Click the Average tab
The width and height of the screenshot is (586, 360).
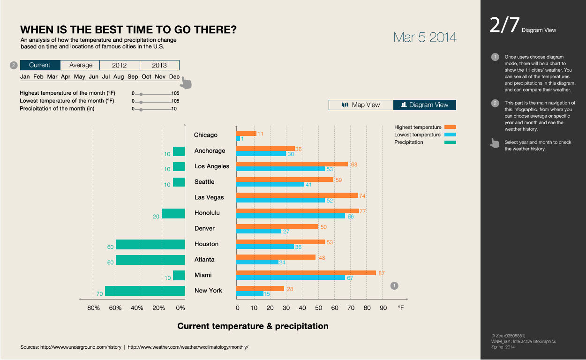(81, 65)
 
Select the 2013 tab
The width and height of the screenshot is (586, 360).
(159, 65)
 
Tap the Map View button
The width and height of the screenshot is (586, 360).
(361, 105)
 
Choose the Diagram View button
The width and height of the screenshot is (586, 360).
(424, 105)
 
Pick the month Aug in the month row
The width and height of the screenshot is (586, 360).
(119, 76)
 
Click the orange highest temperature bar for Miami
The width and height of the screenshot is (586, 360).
(306, 272)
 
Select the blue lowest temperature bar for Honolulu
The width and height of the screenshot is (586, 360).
(291, 216)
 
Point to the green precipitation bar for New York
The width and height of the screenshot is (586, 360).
(145, 291)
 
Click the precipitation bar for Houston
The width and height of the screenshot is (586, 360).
(150, 244)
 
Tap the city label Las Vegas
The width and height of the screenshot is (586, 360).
(209, 197)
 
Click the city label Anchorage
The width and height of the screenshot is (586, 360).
(210, 151)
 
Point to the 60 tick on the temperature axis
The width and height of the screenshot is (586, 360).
(335, 308)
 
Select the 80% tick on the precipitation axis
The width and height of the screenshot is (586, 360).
(93, 308)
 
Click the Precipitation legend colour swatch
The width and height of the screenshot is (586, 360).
(450, 142)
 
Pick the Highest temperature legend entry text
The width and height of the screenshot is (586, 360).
(418, 127)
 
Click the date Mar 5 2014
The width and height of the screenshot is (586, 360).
(425, 37)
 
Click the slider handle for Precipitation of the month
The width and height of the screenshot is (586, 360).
(141, 109)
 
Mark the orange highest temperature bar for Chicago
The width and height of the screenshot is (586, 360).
(246, 134)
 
